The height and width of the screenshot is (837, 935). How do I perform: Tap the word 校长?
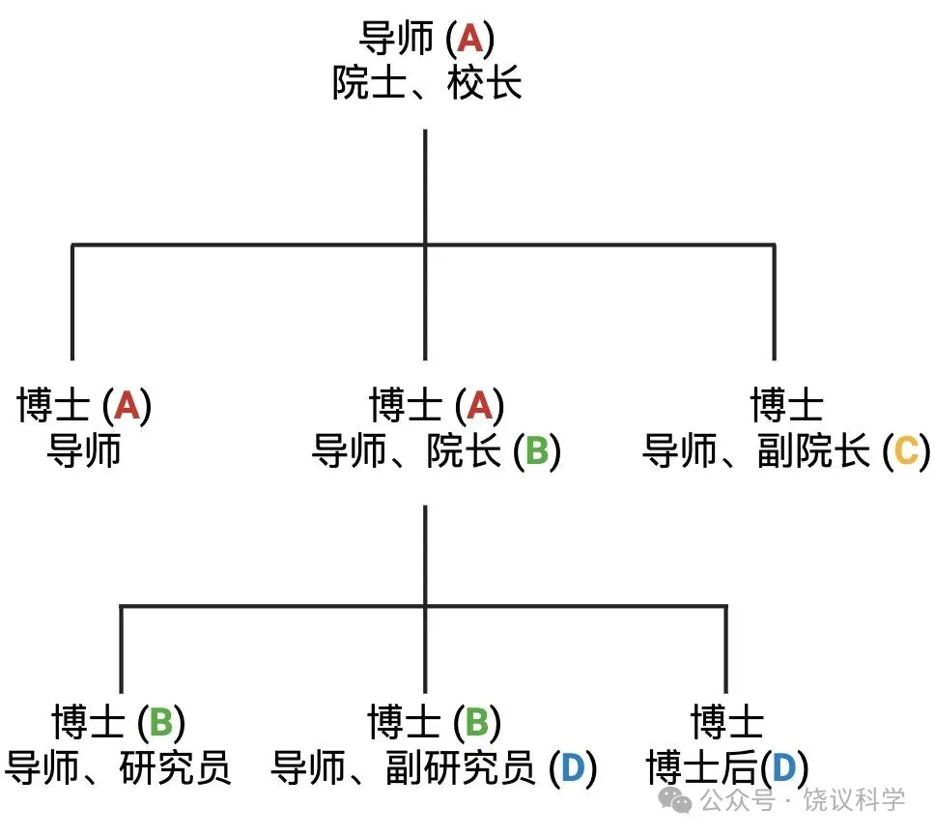485,85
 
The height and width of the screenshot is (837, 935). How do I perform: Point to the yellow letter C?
905,452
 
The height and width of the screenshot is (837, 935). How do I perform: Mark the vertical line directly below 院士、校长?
425,184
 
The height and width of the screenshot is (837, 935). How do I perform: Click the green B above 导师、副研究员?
477,722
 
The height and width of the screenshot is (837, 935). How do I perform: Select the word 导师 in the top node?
396,39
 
